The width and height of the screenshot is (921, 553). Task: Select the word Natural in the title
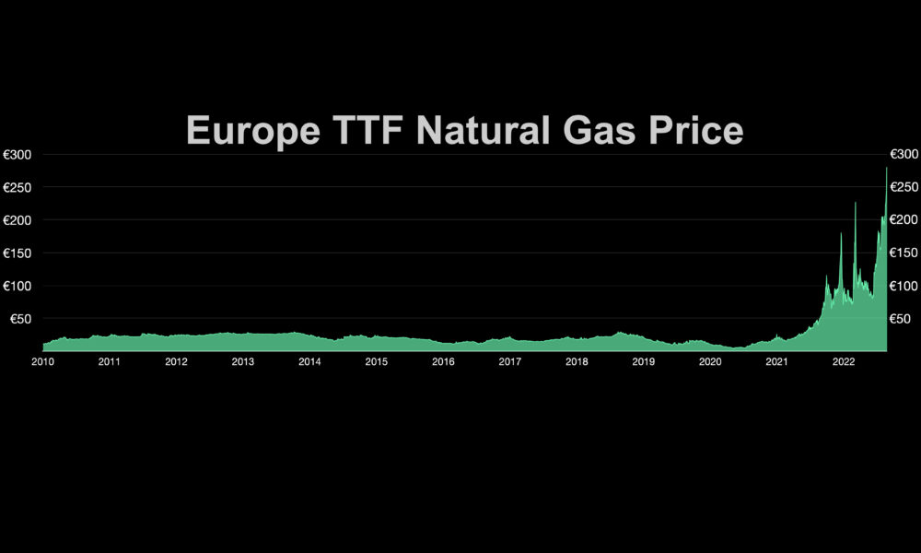click(483, 130)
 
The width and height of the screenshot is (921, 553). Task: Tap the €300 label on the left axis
click(17, 154)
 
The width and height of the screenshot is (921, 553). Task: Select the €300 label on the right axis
click(904, 154)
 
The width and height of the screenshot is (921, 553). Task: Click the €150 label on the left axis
click(17, 253)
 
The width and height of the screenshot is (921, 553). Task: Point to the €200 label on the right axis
click(904, 219)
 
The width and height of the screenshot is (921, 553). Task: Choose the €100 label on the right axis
click(904, 286)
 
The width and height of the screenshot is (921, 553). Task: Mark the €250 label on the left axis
click(17, 187)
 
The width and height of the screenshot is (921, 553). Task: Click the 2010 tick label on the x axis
click(42, 362)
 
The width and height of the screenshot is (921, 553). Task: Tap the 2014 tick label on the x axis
click(309, 362)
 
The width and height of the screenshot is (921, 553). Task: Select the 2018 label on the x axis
click(577, 362)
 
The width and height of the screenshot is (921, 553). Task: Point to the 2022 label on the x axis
click(844, 362)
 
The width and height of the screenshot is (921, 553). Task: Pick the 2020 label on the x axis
click(710, 362)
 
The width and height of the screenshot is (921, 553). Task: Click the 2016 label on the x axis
click(443, 362)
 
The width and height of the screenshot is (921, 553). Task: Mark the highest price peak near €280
click(886, 169)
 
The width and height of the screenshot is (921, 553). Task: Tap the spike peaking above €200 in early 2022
click(855, 204)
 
